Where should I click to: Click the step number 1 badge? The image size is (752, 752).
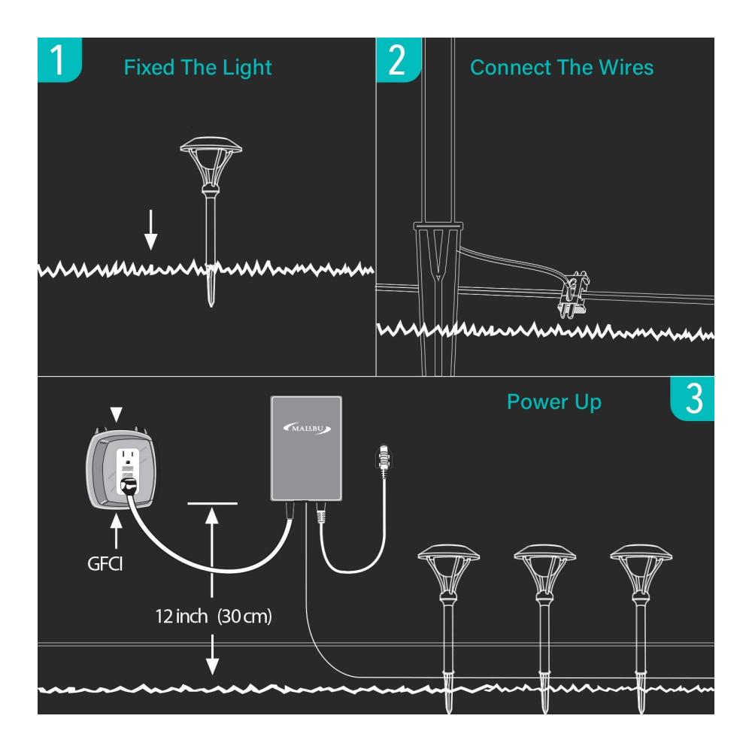pos(59,60)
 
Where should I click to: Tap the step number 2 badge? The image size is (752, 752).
pos(398,60)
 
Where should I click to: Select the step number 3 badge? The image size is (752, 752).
pos(692,399)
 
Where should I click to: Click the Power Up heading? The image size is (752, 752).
pos(554,402)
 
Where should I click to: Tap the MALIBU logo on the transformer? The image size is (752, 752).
pos(307,429)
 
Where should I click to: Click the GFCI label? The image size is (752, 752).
pos(105,563)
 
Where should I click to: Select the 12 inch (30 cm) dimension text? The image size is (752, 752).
pos(214,617)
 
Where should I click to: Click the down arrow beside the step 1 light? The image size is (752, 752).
pos(151,229)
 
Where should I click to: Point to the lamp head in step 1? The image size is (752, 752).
pos(211,164)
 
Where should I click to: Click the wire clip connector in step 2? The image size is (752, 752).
pos(574,294)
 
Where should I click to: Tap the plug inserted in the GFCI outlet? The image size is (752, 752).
pos(129,485)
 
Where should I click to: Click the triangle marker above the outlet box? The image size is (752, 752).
pos(116,414)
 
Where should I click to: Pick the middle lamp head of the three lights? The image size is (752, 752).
pos(544,571)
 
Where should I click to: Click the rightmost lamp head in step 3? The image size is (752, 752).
pos(641,571)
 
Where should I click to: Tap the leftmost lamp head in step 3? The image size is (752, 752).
pos(449,571)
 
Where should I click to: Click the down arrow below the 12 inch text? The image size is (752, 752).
pos(213,655)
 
